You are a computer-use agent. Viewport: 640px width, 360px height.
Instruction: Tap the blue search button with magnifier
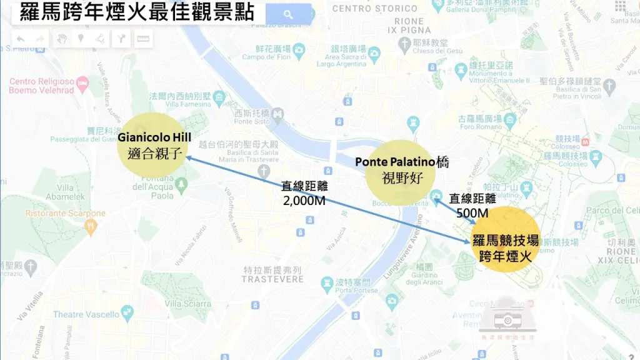point(288,14)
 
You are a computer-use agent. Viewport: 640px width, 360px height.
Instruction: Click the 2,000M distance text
point(304,201)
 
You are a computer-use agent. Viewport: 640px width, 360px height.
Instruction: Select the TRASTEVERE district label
point(272,279)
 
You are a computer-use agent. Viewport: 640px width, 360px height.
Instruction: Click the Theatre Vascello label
point(85,314)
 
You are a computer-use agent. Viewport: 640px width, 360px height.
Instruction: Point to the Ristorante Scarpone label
point(66,213)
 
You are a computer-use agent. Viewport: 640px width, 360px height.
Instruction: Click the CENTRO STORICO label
point(374,9)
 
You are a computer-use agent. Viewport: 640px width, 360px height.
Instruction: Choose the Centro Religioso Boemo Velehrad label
point(41,86)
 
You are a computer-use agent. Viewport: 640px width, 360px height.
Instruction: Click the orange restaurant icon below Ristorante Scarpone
point(91,226)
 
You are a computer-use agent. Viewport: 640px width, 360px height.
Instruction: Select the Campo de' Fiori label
point(264,57)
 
